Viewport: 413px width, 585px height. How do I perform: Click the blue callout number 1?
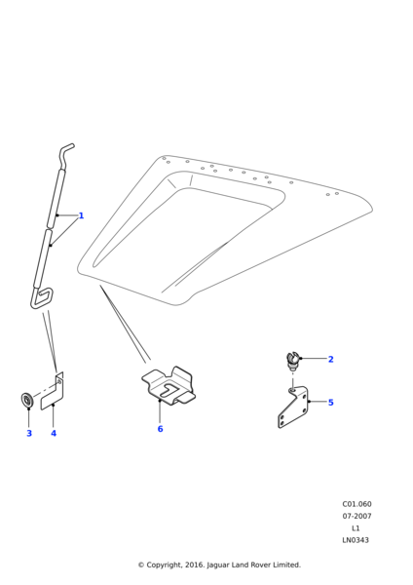pyautogui.click(x=81, y=215)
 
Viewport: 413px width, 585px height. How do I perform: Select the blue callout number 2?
pyautogui.click(x=330, y=359)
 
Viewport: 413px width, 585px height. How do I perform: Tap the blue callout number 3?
pyautogui.click(x=29, y=433)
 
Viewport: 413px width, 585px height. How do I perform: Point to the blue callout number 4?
pyautogui.click(x=54, y=433)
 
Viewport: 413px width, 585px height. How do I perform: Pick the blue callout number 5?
pyautogui.click(x=330, y=402)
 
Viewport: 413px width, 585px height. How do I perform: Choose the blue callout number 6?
pyautogui.click(x=160, y=429)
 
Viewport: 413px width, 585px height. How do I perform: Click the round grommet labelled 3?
pyautogui.click(x=27, y=401)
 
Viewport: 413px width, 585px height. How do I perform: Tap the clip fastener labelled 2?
pyautogui.click(x=293, y=361)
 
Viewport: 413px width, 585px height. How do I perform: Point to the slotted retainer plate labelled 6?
pyautogui.click(x=169, y=385)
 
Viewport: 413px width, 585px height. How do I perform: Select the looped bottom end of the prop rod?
pyautogui.click(x=41, y=297)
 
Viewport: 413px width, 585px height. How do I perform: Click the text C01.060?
pyautogui.click(x=357, y=504)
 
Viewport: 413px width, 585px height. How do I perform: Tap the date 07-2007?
pyautogui.click(x=357, y=516)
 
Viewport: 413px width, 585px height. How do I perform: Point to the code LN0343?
pyautogui.click(x=356, y=540)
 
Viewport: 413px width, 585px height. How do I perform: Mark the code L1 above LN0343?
pyautogui.click(x=356, y=527)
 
